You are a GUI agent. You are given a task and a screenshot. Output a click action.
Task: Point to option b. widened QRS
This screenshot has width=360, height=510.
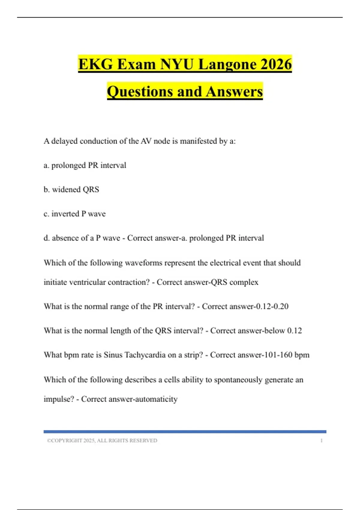(x=71, y=190)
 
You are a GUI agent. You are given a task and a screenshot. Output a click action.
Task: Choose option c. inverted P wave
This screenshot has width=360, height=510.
(x=75, y=214)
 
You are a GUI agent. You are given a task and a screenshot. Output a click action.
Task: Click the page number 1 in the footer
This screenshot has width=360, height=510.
(x=321, y=440)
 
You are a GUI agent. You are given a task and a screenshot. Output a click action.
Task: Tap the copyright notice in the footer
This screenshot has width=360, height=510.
(x=102, y=440)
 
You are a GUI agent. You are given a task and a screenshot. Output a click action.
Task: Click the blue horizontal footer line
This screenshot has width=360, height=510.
(x=185, y=432)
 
